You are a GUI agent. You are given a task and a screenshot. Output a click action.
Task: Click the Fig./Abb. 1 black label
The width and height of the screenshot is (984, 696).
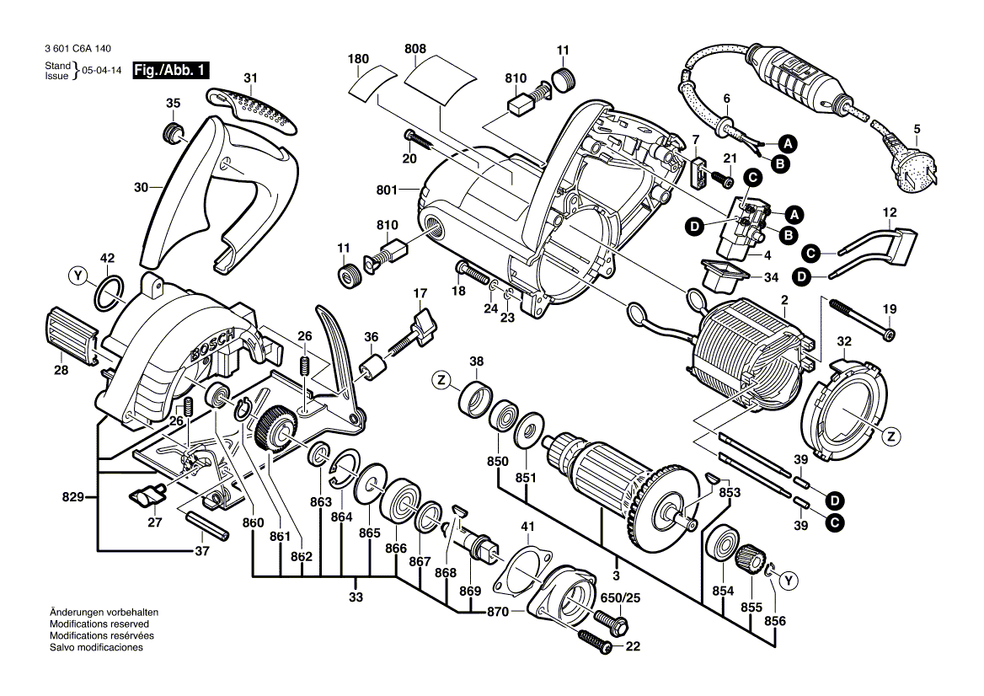172,72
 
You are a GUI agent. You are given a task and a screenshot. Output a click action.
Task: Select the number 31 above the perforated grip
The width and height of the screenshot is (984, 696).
249,78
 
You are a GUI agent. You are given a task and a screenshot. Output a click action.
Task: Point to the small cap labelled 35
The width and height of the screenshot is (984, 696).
172,132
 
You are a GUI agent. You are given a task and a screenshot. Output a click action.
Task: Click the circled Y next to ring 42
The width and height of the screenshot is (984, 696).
78,275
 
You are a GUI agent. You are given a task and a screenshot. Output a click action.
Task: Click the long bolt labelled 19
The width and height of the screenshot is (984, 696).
860,318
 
